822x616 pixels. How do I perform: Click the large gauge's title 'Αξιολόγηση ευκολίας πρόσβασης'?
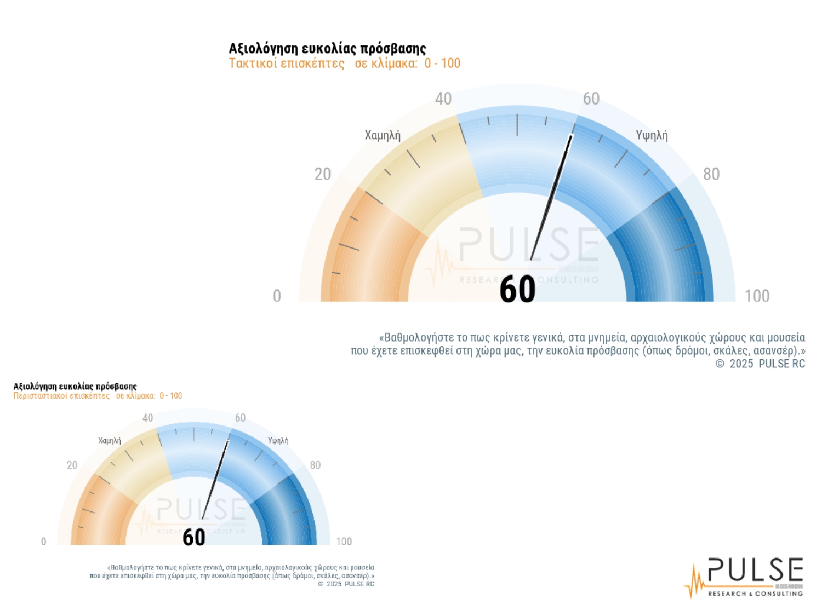click(x=327, y=49)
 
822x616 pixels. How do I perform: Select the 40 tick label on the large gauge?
click(x=443, y=99)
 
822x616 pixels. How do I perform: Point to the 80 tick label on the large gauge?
click(x=711, y=174)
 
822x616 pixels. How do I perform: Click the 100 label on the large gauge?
click(x=757, y=296)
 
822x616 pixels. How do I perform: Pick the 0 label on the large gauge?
click(x=277, y=296)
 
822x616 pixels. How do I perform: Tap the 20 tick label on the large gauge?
click(x=323, y=174)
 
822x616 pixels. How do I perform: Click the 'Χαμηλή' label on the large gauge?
click(x=383, y=135)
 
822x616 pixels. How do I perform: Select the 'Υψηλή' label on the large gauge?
click(x=652, y=135)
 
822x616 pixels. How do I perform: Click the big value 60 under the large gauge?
click(x=517, y=290)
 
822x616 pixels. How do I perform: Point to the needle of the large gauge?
click(x=551, y=197)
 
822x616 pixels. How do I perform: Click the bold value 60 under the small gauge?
click(x=194, y=537)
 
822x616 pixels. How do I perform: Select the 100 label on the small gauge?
click(x=344, y=542)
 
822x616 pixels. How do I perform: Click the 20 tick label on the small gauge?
click(x=72, y=465)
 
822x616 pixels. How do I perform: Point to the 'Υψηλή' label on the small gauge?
click(x=278, y=441)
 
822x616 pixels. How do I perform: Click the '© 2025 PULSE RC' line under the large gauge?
click(x=760, y=364)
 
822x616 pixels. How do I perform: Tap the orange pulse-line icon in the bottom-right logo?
click(x=695, y=582)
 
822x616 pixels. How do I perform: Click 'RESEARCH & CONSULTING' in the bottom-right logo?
click(x=755, y=594)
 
